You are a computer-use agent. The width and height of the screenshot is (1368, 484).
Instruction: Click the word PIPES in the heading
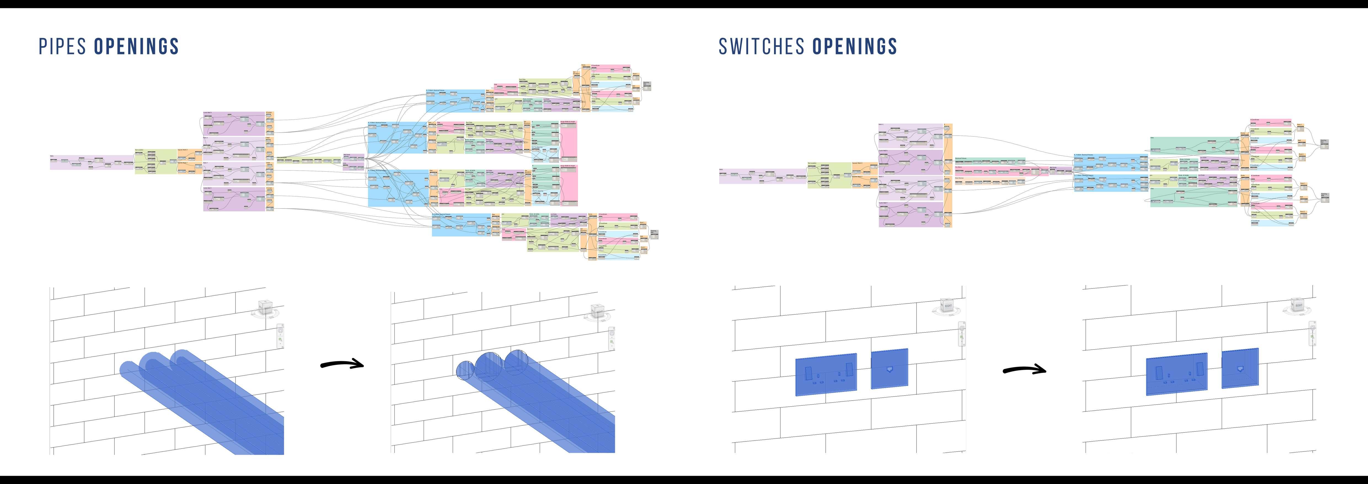coord(63,47)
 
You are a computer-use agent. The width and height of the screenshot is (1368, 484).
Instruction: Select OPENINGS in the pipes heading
coord(136,47)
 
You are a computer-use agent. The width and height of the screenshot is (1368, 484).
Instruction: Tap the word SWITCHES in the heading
coord(762,47)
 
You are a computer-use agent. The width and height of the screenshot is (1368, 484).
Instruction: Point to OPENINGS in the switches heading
coord(855,47)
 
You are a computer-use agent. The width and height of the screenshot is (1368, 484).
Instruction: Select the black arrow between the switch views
coord(1024,370)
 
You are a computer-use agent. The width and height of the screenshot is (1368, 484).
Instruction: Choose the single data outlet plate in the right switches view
coord(1240,368)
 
